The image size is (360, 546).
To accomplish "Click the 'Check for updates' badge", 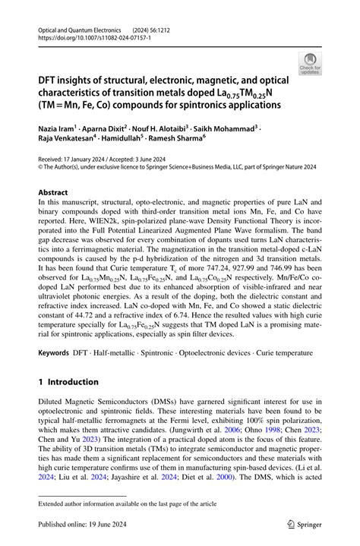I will [310, 62].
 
